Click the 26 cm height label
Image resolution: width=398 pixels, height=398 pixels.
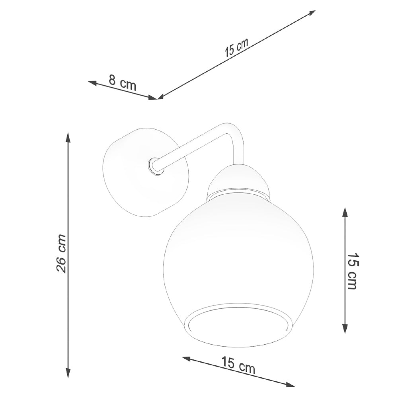tap(61, 254)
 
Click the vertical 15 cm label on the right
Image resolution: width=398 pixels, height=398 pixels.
tap(353, 271)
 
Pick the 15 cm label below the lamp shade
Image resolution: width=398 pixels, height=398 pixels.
tap(238, 365)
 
